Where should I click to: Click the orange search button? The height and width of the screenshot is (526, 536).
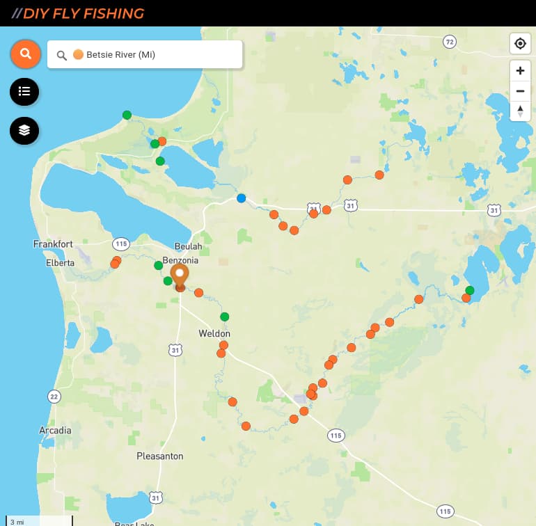point(25,54)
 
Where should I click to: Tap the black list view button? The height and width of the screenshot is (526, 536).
point(24,91)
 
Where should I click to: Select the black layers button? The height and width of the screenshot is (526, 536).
point(24,130)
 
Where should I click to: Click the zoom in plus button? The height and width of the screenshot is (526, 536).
point(520,70)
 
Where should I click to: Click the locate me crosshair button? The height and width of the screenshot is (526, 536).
point(520,44)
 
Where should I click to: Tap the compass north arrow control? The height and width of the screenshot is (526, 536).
point(520,111)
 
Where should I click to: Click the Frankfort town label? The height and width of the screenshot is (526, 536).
point(53,244)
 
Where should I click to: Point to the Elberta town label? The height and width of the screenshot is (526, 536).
point(60,263)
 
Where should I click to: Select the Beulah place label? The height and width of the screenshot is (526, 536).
point(188,246)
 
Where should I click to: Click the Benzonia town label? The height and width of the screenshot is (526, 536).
point(180,260)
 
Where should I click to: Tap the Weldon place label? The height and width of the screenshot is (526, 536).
point(214,333)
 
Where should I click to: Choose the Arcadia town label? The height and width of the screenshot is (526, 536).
point(55,430)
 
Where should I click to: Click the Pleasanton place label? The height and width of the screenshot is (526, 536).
point(160,456)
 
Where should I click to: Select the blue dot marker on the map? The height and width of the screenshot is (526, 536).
point(241,198)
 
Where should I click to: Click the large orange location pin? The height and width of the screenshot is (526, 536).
point(180,276)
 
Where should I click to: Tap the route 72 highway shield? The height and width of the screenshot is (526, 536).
point(450,42)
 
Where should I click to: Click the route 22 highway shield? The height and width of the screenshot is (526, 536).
point(54,396)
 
